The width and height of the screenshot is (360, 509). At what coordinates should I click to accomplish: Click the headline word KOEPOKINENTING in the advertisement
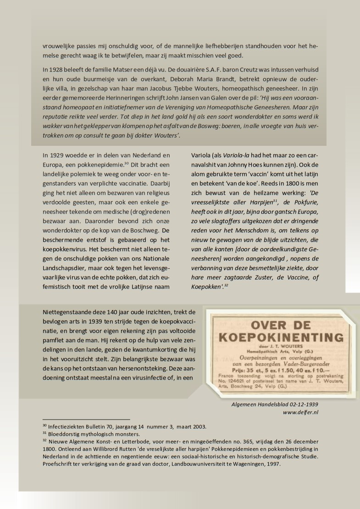tap(281, 337)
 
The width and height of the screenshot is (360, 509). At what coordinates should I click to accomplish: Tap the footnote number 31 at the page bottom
tap(44, 433)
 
